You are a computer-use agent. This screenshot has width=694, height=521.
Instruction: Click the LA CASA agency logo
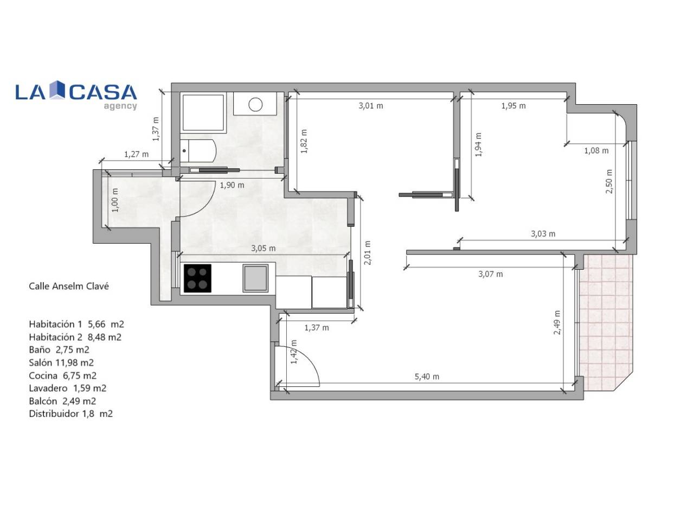pos(76,94)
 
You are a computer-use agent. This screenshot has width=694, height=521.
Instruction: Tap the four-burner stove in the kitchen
pos(197,278)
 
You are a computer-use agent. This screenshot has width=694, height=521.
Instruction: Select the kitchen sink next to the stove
pos(255,278)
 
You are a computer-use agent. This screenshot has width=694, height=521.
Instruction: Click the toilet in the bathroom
pos(198,151)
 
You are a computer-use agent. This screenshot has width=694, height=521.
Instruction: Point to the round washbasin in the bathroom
pos(255,104)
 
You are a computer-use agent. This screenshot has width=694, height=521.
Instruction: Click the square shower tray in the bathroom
pos(203,112)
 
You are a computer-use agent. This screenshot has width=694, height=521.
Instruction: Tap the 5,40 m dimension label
pos(427,377)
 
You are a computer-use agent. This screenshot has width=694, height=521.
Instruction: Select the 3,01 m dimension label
pos(370,106)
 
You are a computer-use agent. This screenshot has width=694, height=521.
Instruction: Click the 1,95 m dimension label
pos(513,106)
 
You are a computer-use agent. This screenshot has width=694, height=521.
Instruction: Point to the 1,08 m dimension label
pos(596,150)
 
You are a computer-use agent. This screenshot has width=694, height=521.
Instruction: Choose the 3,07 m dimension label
pos(490,274)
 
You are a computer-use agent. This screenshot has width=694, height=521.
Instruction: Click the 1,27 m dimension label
pos(136,154)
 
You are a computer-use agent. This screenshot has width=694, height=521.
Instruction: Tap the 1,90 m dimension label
pos(232,185)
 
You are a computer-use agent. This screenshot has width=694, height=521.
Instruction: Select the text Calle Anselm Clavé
pos(69,287)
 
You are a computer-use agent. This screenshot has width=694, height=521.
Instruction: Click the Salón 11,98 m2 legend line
pos(61,363)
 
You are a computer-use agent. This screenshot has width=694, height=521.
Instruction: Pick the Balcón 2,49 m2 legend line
pos(62,401)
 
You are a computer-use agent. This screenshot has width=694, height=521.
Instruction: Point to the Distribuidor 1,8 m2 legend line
pos(71,414)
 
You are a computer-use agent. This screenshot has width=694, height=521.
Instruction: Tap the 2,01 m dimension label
pos(368,253)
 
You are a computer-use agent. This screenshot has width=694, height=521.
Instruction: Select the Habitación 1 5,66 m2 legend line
pos(76,324)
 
